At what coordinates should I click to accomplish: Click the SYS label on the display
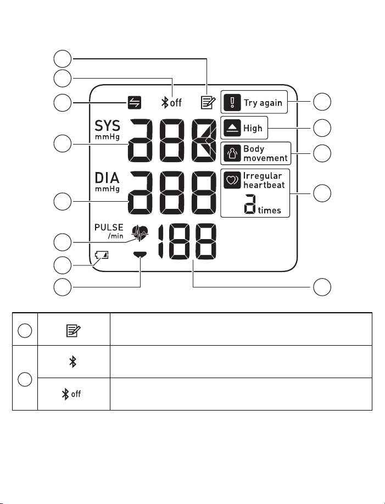107,126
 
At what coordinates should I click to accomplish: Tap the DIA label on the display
107,178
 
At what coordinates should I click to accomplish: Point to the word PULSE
109,227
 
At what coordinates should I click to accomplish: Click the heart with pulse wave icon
140,232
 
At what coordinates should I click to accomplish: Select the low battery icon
102,255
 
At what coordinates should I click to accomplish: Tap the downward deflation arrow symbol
140,254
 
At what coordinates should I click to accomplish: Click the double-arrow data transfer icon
134,103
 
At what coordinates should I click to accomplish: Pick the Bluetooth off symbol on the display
171,103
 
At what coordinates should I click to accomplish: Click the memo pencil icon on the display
208,102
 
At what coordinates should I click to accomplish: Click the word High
253,128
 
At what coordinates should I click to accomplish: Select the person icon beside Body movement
232,153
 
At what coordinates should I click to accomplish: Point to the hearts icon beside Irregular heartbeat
232,180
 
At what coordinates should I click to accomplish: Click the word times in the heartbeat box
270,210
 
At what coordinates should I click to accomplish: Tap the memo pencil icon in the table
74,330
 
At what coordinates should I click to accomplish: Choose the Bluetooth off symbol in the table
71,394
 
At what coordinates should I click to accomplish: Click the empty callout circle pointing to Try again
322,102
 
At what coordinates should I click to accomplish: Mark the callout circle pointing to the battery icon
63,265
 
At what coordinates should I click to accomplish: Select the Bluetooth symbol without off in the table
73,362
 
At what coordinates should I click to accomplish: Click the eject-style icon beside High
232,128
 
